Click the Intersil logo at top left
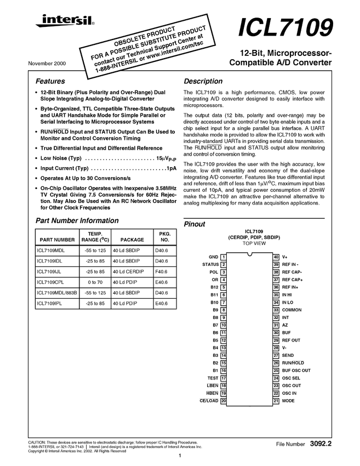pos(60,22)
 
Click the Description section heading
pos(203,81)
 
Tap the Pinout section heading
pos(195,224)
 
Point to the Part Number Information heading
pos(77,221)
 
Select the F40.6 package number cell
pos(161,272)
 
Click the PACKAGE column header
pos(132,240)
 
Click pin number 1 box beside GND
pos(224,257)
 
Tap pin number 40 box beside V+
pos(276,257)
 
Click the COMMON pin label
pos(292,310)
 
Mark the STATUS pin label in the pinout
pos(210,264)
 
